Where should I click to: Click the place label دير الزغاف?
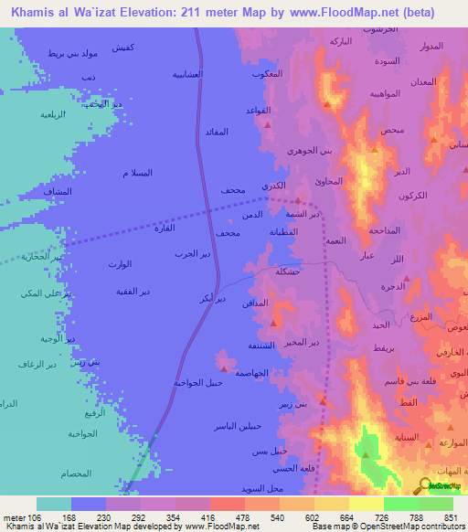pyautogui.click(x=38, y=364)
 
